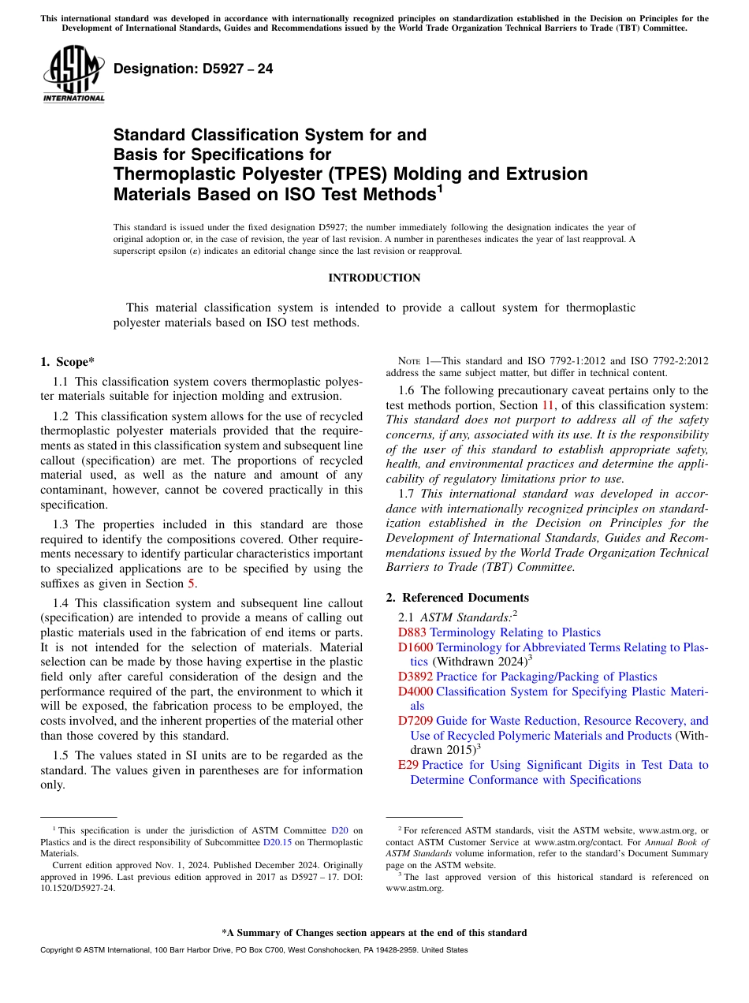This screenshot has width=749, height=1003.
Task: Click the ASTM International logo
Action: (73, 75)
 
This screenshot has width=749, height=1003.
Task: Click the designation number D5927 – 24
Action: (193, 69)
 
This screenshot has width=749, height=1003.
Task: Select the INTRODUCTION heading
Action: (374, 278)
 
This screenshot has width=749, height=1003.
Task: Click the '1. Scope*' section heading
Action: (67, 362)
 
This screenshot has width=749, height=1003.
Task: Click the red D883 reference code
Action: (412, 632)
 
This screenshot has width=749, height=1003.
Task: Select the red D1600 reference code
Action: (415, 647)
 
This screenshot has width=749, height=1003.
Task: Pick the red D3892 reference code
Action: (415, 677)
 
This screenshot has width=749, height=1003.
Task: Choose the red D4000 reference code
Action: (415, 692)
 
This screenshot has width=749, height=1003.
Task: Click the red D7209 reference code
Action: (415, 721)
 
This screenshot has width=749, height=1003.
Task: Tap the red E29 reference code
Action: (408, 765)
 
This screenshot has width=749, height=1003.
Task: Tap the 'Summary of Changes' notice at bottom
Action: (374, 933)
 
